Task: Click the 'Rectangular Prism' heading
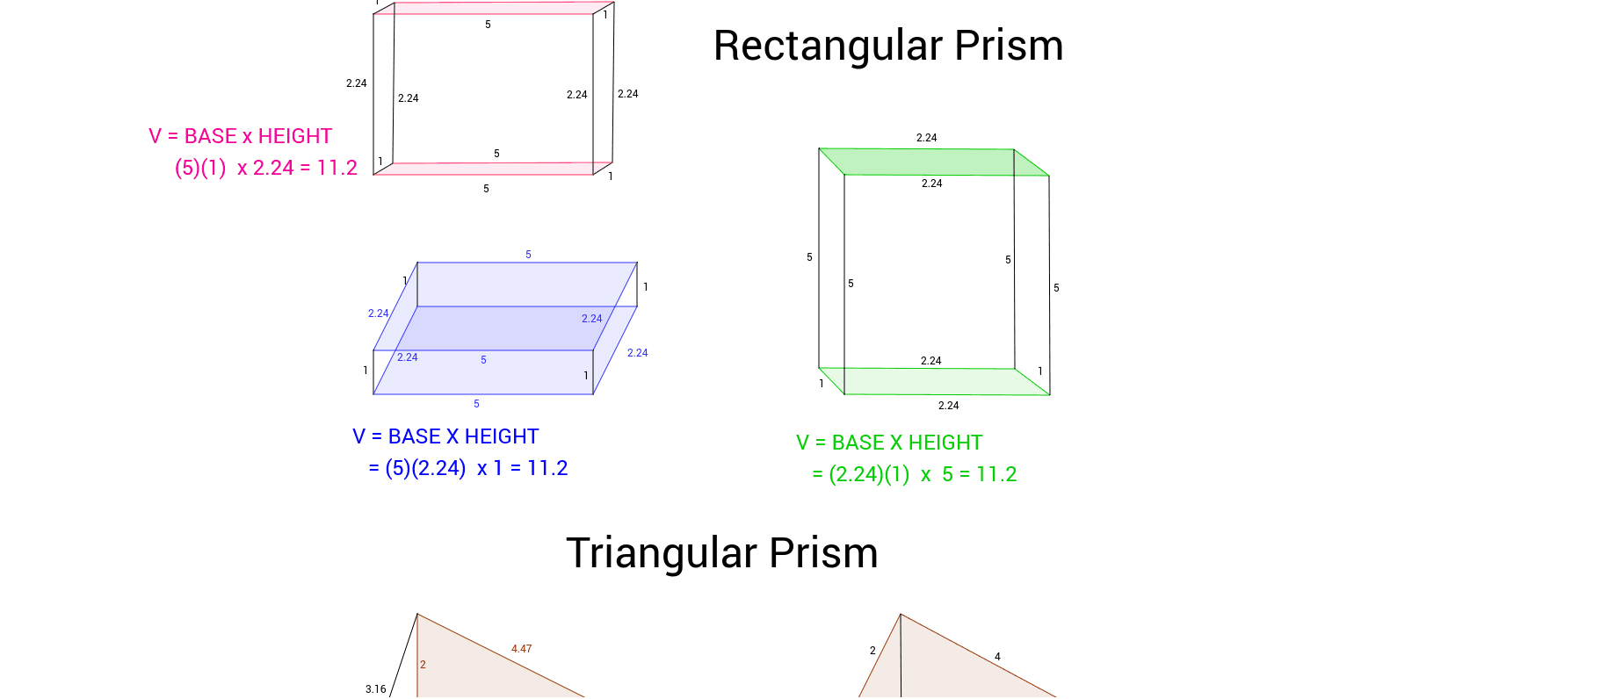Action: coord(887,46)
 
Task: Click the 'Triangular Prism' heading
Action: coord(721,553)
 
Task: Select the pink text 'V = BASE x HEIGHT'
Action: coord(240,136)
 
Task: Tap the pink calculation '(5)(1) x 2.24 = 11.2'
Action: coord(265,168)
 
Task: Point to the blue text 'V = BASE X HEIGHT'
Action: coord(445,436)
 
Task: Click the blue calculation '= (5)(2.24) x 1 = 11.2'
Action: coord(467,468)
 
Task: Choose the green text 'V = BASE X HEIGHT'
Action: coord(889,443)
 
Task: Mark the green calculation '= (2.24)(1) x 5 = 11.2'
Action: coord(914,474)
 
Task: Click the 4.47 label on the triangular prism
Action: coord(521,649)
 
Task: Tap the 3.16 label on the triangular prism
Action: coord(375,689)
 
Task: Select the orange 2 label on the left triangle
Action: coord(423,665)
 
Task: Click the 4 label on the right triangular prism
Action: coord(997,657)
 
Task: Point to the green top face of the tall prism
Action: coord(931,162)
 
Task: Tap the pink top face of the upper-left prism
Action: coord(492,8)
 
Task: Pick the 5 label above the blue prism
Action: coord(528,255)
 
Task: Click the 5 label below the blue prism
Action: coord(476,404)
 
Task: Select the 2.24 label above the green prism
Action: coord(926,138)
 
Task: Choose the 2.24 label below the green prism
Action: coord(948,406)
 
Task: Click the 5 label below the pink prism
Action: coord(486,189)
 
